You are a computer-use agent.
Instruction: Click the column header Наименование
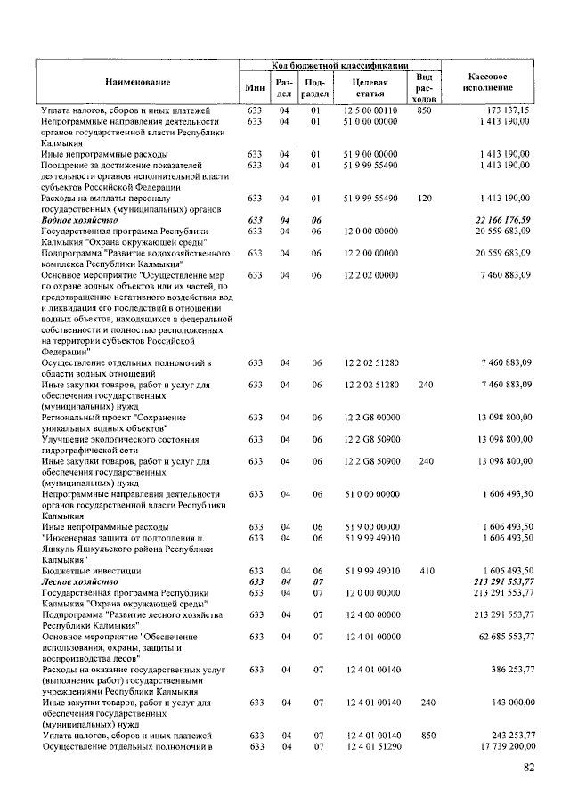click(138, 82)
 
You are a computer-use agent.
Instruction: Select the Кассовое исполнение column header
click(488, 82)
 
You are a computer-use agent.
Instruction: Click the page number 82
click(529, 768)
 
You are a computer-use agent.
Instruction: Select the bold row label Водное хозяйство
click(79, 219)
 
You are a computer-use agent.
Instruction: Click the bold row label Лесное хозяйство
click(79, 581)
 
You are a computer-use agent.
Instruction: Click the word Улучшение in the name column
click(69, 439)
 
